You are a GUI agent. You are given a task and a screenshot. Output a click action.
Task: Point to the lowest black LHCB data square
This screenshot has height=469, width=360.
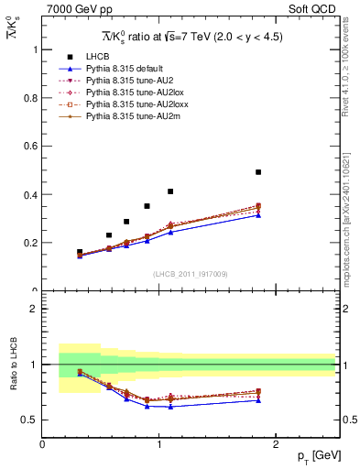[80, 252]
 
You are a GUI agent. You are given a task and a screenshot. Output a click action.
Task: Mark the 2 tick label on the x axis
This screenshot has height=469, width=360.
[277, 444]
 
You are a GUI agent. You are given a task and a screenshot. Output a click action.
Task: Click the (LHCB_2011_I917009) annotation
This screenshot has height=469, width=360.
[189, 274]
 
